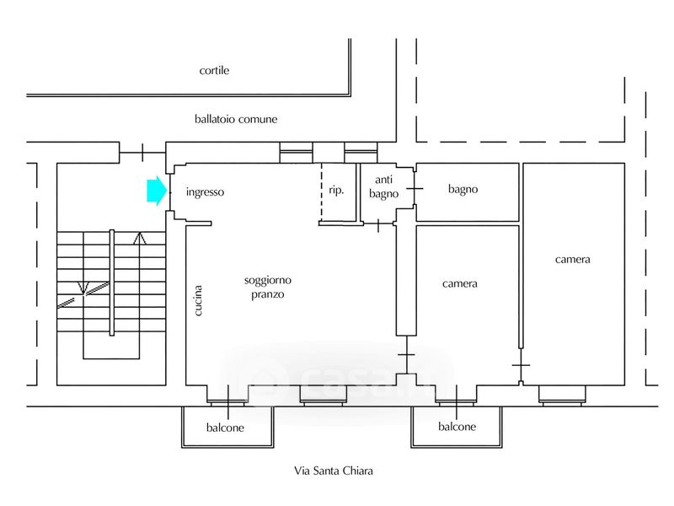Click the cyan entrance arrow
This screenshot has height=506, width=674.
(x=156, y=191)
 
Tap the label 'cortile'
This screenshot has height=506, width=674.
(x=214, y=71)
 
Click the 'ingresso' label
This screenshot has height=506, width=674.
(x=206, y=191)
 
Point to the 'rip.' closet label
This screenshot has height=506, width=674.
(x=335, y=191)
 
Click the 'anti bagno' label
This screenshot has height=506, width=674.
(x=383, y=186)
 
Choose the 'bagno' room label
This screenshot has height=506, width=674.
(x=463, y=190)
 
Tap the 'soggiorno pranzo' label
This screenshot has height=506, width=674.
(x=266, y=288)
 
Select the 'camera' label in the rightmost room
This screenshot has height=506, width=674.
(x=573, y=259)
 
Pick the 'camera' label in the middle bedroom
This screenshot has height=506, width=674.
(x=460, y=283)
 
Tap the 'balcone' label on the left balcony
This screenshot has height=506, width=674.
(x=226, y=428)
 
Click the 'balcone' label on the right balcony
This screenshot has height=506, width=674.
(x=457, y=427)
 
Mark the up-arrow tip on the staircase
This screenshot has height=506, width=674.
(x=140, y=237)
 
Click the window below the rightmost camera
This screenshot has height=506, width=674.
(x=563, y=392)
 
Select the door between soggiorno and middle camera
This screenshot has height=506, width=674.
(x=407, y=359)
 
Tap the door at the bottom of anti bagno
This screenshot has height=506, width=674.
(x=378, y=224)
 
